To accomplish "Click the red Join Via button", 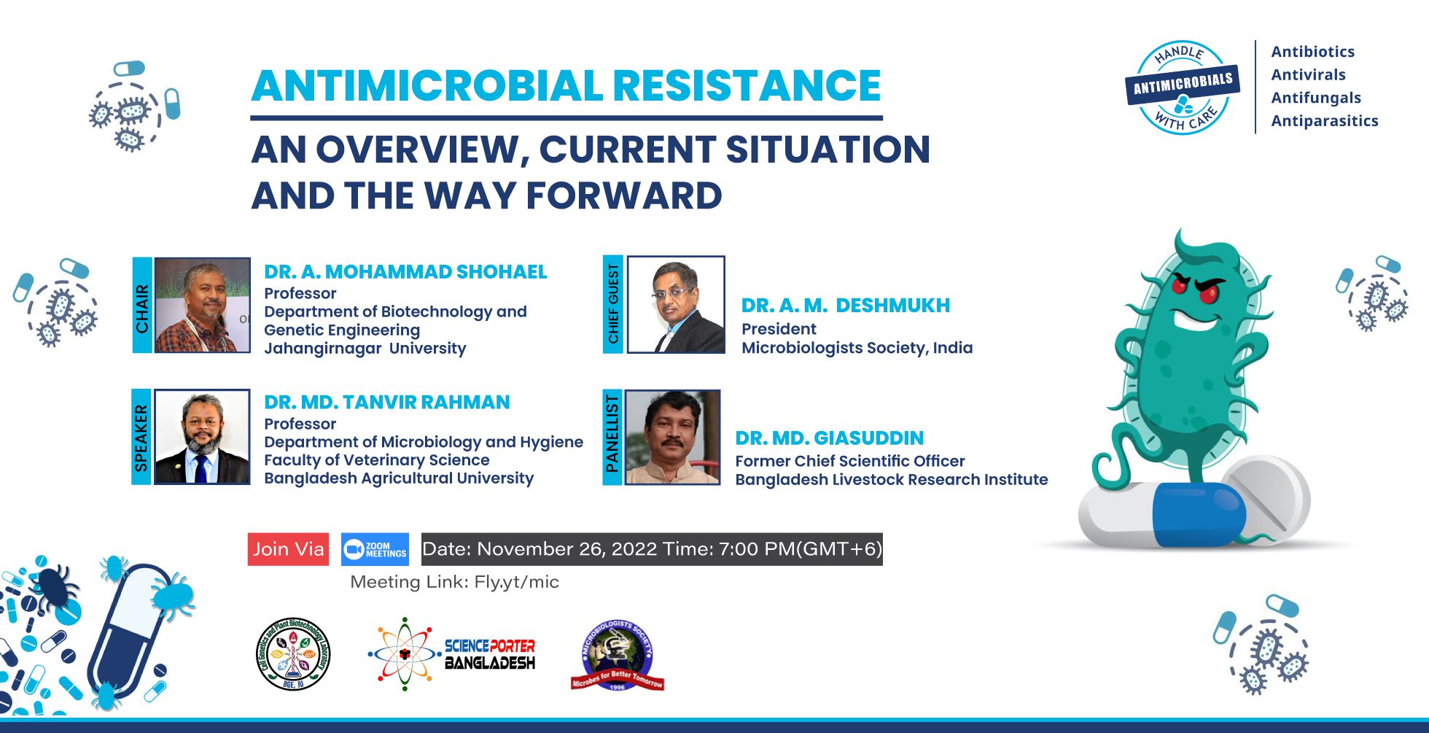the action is [x=288, y=549].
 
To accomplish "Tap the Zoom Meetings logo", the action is [x=375, y=549].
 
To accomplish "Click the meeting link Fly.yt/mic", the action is [x=517, y=582].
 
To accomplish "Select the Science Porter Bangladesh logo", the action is [x=452, y=654].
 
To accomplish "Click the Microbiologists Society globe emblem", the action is [x=617, y=655].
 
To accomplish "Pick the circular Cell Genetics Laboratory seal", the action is [x=293, y=654].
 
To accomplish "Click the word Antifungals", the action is [x=1316, y=98].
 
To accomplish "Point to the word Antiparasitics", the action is [x=1325, y=121].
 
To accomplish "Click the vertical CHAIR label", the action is [x=142, y=306].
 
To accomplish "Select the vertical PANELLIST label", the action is [x=612, y=437].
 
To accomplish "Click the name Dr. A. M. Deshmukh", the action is [x=846, y=306].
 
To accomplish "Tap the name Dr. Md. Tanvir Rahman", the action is [x=387, y=403].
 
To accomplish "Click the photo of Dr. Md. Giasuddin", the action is [x=672, y=437].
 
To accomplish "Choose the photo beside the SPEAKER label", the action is [x=202, y=437].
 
